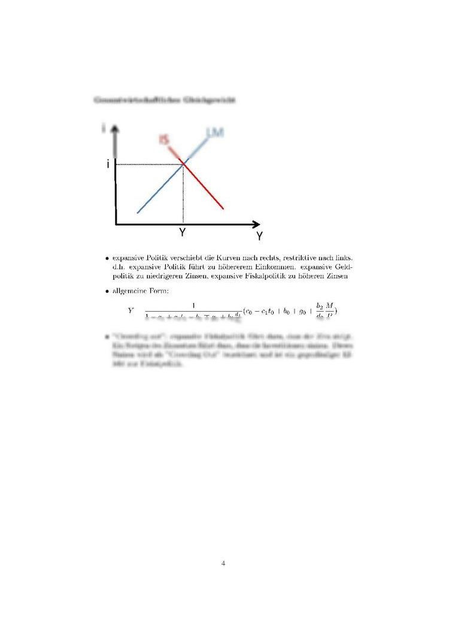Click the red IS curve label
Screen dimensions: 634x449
click(x=164, y=139)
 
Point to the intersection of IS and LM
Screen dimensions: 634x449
click(x=183, y=164)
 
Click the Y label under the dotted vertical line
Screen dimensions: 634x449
click(x=182, y=233)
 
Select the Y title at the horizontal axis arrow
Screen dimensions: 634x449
click(x=259, y=236)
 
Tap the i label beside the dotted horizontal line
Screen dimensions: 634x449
click(x=108, y=164)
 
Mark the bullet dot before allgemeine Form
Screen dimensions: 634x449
click(x=107, y=292)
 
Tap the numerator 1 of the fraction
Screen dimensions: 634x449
click(x=193, y=304)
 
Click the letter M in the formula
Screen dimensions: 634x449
click(x=329, y=305)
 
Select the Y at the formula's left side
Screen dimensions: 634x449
click(x=131, y=310)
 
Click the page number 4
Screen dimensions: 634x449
click(x=223, y=562)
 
